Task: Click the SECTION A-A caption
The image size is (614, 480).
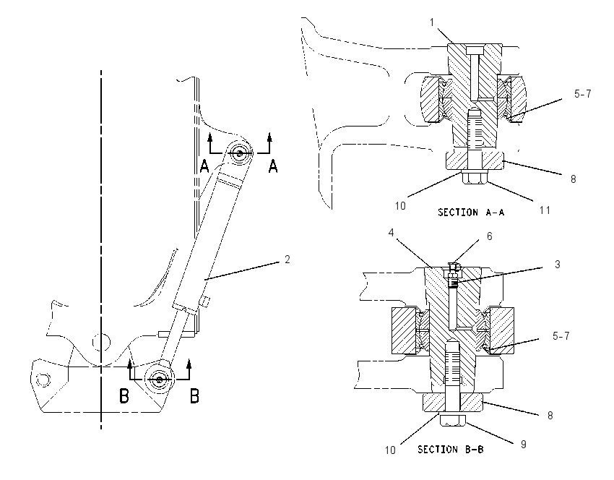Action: (471, 213)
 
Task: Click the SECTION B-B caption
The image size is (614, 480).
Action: (451, 449)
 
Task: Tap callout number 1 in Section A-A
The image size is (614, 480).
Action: (432, 22)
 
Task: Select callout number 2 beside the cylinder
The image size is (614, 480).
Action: (287, 260)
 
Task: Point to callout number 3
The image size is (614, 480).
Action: (558, 264)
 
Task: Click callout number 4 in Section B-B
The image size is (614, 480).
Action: (391, 233)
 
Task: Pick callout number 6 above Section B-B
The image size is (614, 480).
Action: (490, 236)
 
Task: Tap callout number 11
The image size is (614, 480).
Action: (545, 210)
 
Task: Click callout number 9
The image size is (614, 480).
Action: (524, 445)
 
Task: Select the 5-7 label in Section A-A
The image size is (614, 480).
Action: (583, 94)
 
